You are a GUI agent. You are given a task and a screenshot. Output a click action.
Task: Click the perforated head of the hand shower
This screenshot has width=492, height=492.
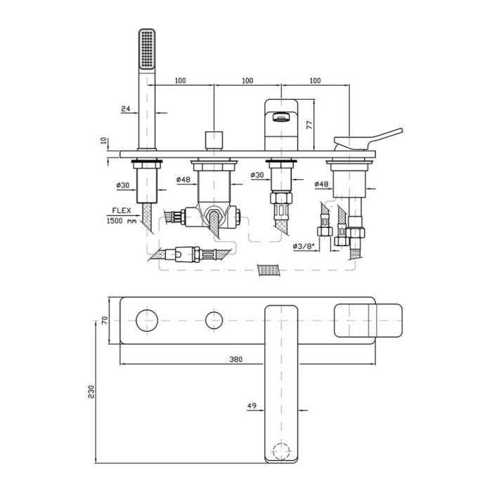click(x=147, y=48)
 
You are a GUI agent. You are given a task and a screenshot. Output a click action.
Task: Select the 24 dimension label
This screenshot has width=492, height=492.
click(x=126, y=108)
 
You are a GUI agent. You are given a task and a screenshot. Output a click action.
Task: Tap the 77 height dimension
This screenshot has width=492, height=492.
click(x=309, y=124)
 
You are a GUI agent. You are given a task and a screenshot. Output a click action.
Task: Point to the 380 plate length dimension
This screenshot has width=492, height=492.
click(x=235, y=359)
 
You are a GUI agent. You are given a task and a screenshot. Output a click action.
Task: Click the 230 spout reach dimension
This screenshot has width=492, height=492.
click(x=91, y=392)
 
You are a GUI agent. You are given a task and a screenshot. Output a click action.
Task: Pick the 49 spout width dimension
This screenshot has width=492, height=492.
click(x=252, y=406)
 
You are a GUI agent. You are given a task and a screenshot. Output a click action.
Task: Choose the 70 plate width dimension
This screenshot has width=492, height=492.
click(x=105, y=321)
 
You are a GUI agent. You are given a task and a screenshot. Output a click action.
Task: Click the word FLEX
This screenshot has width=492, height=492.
click(x=122, y=211)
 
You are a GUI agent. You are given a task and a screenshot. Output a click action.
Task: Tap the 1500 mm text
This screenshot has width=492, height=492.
click(x=122, y=221)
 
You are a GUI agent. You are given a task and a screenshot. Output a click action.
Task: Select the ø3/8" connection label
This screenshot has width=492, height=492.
click(x=304, y=246)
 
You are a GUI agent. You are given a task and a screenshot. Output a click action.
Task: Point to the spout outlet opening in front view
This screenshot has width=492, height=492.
click(x=280, y=117)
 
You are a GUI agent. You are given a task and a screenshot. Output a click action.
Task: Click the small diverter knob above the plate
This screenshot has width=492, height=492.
click(x=214, y=141)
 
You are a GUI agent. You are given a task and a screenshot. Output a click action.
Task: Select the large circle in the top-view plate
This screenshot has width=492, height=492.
click(x=147, y=321)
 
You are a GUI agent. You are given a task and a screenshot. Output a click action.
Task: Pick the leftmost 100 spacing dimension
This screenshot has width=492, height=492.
click(x=180, y=81)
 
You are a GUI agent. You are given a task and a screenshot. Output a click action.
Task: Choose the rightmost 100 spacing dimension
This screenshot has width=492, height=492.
click(x=315, y=81)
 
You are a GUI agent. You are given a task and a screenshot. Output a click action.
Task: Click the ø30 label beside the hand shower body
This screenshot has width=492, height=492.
click(x=123, y=186)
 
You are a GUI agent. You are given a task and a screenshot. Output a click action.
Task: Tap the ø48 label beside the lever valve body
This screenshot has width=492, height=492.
click(x=322, y=184)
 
